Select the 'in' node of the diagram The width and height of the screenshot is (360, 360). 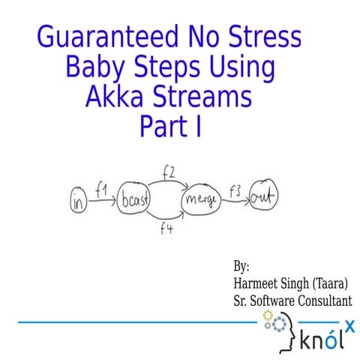(79, 202)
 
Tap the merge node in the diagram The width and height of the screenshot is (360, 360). (202, 199)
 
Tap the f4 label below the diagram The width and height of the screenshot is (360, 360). (166, 229)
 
